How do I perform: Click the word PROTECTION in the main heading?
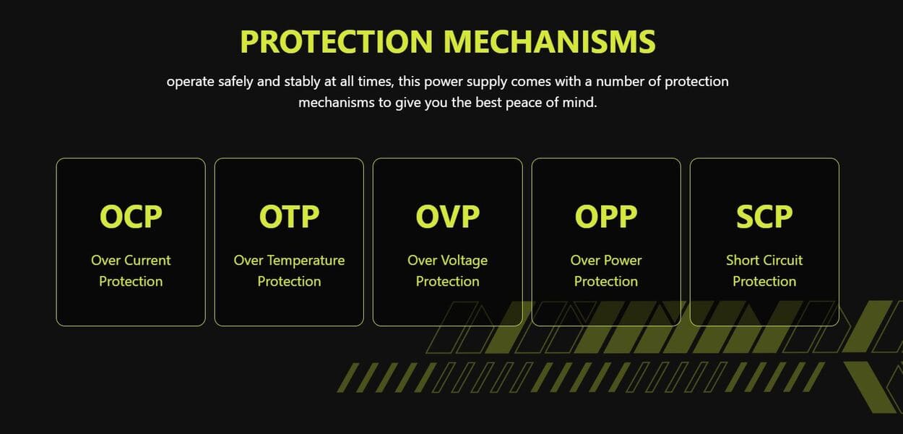coord(337,41)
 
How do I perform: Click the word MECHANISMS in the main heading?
coord(550,41)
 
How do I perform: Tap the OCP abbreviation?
coord(131,216)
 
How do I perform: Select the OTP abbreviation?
coord(289,216)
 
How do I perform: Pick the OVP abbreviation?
coord(447,216)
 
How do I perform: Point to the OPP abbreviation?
coord(606,216)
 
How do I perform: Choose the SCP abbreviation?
coord(764,216)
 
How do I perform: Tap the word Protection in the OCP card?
coord(131,281)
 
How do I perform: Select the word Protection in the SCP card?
coord(764,281)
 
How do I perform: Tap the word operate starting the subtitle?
coord(190,82)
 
